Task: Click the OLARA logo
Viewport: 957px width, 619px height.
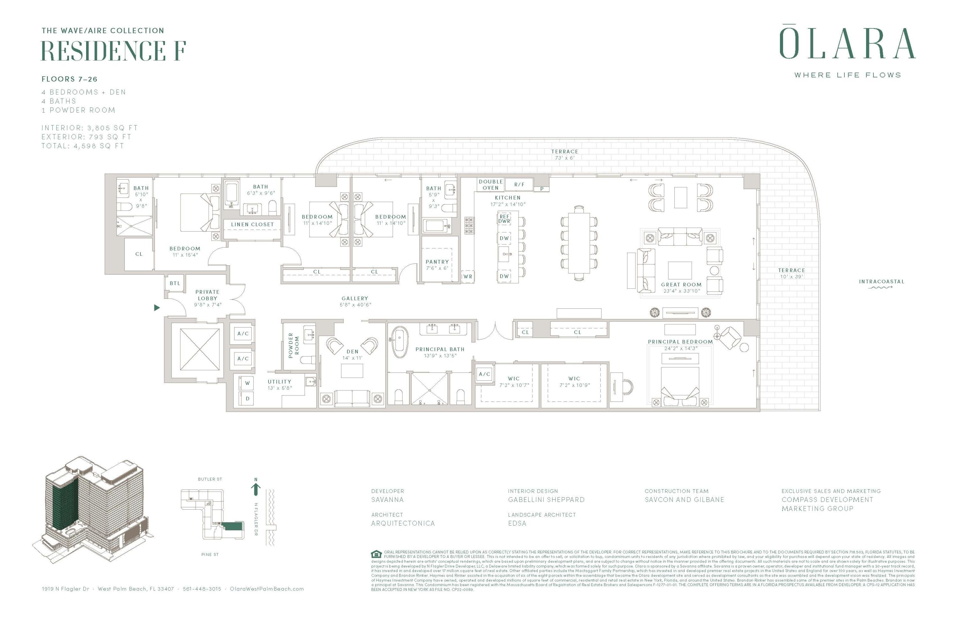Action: [847, 43]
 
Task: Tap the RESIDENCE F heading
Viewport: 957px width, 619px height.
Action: [113, 51]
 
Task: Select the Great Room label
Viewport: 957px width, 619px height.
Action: [681, 287]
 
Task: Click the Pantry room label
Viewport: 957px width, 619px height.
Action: [437, 264]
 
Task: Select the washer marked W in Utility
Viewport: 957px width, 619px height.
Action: [247, 383]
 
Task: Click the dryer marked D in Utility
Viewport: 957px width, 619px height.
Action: [247, 398]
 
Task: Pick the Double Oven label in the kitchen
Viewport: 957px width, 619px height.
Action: [491, 185]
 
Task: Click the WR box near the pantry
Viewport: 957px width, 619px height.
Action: [468, 276]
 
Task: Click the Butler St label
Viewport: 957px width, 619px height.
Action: [210, 479]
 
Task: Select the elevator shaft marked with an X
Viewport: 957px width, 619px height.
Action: [200, 349]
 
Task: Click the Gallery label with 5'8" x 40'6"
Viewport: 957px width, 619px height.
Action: [355, 301]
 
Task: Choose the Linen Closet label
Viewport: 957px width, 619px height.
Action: [252, 224]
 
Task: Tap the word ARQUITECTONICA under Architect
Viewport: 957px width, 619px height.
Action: [403, 523]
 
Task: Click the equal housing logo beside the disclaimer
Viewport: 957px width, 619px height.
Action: [376, 554]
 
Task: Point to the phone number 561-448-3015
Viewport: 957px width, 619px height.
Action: [202, 588]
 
